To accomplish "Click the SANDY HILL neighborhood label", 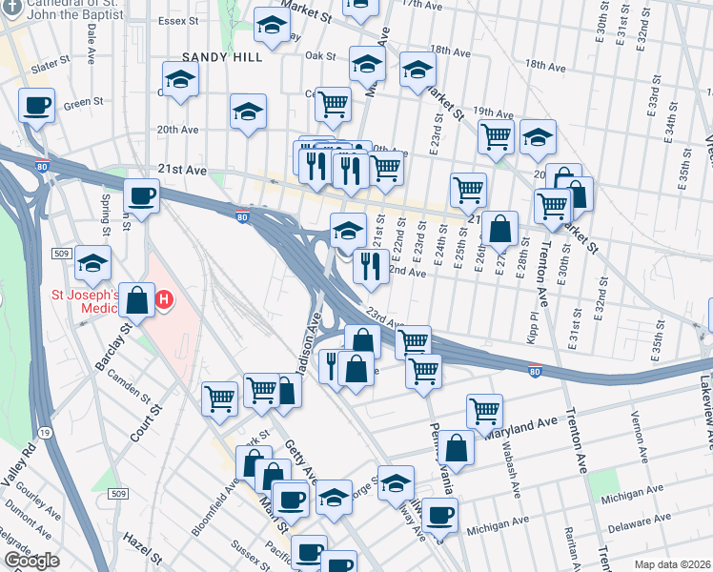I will (x=222, y=57).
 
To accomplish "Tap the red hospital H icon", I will (x=164, y=301).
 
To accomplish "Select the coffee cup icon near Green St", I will (x=36, y=105).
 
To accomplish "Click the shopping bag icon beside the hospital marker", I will (x=137, y=300).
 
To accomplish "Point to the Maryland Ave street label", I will (x=519, y=428).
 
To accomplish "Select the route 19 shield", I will (x=46, y=434).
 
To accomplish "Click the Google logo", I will (x=31, y=561).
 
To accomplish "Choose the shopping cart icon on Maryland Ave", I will (x=484, y=411).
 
